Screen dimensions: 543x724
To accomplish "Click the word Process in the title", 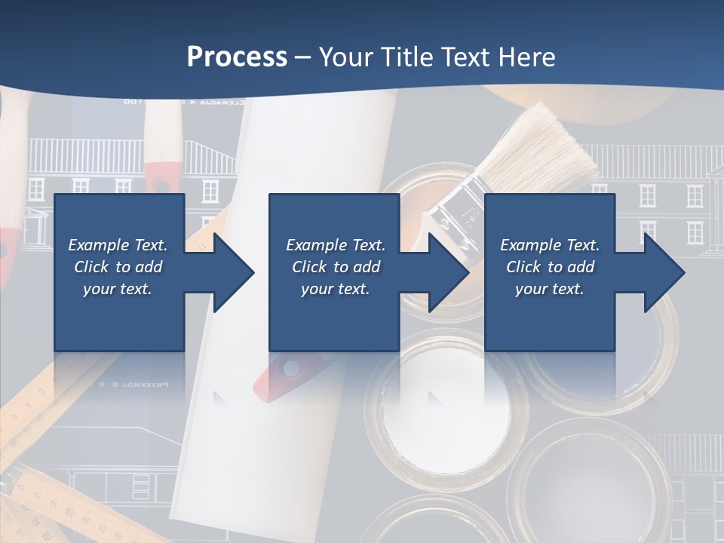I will (x=237, y=57).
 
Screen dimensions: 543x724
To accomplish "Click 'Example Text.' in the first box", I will (x=118, y=245).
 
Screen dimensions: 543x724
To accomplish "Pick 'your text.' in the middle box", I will (x=335, y=289).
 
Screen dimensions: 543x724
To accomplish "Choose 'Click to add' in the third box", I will (x=550, y=267).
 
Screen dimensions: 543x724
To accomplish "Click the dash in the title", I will (x=302, y=57).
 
